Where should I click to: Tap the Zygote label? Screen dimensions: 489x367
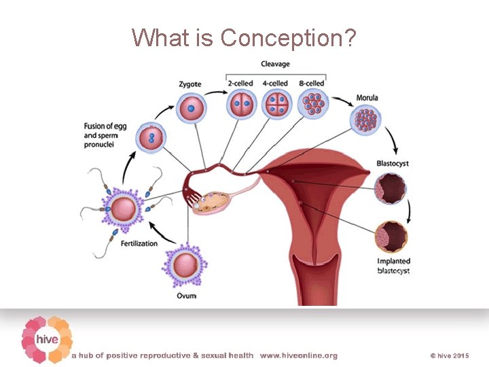(190, 84)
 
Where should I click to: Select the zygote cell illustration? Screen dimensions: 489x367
(191, 107)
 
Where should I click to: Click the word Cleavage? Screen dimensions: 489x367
(276, 64)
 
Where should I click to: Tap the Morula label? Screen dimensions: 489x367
(367, 98)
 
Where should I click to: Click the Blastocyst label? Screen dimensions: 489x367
(393, 163)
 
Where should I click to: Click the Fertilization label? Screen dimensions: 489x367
(139, 243)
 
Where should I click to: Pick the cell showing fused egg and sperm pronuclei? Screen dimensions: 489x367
(151, 139)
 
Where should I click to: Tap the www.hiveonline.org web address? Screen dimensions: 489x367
(298, 355)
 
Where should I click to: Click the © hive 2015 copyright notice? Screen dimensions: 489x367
(450, 355)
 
